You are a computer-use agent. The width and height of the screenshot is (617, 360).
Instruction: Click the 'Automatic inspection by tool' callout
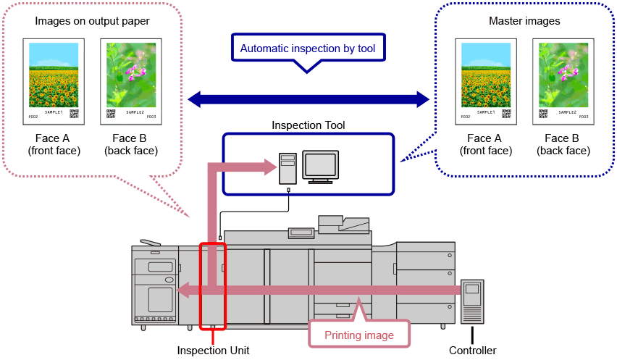click(308, 49)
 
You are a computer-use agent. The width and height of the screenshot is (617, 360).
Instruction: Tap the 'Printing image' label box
click(359, 335)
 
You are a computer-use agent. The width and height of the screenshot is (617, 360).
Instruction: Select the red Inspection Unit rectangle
click(213, 286)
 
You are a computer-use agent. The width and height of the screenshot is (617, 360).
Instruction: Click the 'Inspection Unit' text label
click(213, 351)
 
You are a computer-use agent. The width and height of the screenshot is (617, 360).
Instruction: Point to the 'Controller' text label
click(473, 351)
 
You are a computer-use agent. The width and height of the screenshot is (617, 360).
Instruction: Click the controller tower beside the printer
click(472, 301)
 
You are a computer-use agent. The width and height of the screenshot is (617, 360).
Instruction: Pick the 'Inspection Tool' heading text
click(308, 125)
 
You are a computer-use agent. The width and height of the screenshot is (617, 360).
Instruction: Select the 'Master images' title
click(525, 21)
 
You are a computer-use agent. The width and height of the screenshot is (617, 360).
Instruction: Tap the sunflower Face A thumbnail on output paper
click(54, 80)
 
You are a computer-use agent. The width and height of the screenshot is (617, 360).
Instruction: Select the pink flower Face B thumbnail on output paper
click(131, 80)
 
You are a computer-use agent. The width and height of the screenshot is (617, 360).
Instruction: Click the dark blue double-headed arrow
click(308, 98)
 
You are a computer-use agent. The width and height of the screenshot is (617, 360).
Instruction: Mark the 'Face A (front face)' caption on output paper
click(54, 144)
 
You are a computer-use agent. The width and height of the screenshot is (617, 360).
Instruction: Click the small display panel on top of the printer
click(300, 233)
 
